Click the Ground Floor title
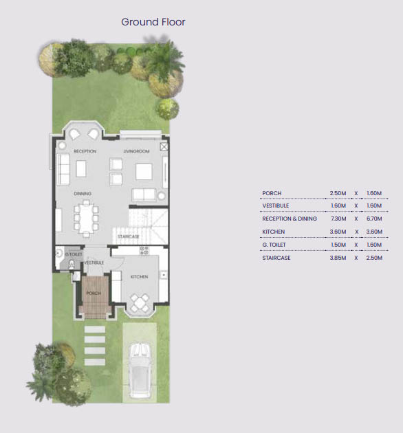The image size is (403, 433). pyautogui.click(x=153, y=22)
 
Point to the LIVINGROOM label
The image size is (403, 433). pyautogui.click(x=136, y=151)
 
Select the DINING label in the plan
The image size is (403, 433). pyautogui.click(x=83, y=194)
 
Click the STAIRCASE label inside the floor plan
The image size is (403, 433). pyautogui.click(x=129, y=236)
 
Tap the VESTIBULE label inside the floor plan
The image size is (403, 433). pyautogui.click(x=94, y=263)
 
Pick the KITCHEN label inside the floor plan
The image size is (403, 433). pyautogui.click(x=140, y=276)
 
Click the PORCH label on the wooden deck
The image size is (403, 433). pyautogui.click(x=93, y=294)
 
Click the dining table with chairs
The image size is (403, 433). pyautogui.click(x=87, y=219)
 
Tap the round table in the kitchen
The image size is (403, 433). pyautogui.click(x=141, y=302)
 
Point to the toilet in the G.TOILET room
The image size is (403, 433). pyautogui.click(x=61, y=262)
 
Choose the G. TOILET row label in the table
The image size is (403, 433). pyautogui.click(x=276, y=245)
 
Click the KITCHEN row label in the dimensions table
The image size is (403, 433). pyautogui.click(x=273, y=232)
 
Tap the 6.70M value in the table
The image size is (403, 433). pyautogui.click(x=373, y=219)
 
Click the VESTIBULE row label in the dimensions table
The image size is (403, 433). pyautogui.click(x=275, y=206)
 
